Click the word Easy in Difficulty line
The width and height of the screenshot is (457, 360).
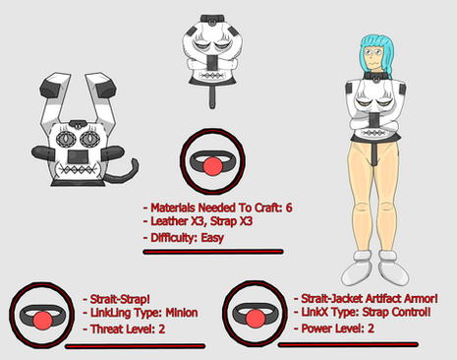click(212, 237)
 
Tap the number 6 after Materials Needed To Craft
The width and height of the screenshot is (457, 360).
click(289, 208)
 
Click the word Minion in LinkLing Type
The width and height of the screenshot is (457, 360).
click(182, 313)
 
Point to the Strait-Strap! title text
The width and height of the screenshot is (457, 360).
click(120, 299)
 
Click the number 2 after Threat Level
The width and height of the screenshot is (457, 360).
click(161, 329)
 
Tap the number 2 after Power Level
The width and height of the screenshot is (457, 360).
click(371, 329)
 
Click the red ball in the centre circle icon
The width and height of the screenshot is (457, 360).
click(212, 165)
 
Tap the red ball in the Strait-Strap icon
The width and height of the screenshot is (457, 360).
click(42, 320)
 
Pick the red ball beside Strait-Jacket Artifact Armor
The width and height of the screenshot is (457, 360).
click(256, 318)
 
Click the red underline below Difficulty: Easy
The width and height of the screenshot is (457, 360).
click(213, 252)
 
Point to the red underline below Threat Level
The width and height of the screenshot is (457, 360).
click(135, 346)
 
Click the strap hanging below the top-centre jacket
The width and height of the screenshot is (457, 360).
click(212, 97)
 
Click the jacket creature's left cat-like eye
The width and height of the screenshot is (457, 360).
click(67, 139)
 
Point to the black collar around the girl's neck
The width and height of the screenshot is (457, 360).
click(376, 77)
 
